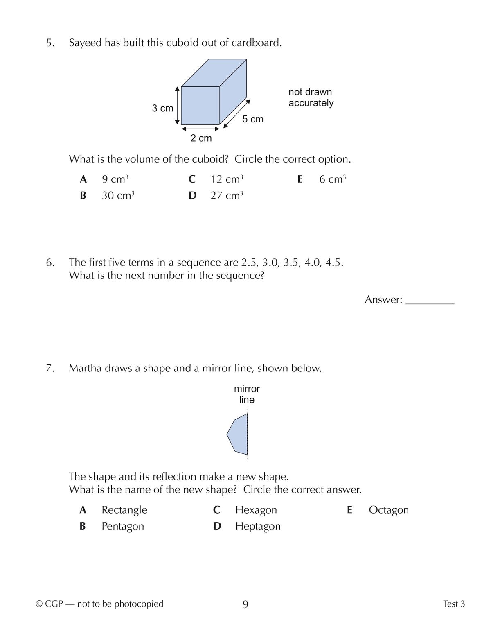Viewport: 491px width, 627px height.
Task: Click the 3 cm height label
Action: [162, 109]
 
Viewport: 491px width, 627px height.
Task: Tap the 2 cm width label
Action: [201, 138]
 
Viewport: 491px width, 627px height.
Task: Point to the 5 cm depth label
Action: [252, 119]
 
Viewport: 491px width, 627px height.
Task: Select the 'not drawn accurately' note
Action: [311, 97]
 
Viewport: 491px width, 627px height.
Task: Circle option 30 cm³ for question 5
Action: [118, 196]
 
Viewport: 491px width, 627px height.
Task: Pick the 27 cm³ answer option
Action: [227, 196]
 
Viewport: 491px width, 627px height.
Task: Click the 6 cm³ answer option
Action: [332, 179]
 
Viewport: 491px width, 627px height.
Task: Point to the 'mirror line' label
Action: [247, 394]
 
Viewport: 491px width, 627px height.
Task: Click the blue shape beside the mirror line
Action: [239, 434]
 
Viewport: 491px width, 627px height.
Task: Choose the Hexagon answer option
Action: [256, 510]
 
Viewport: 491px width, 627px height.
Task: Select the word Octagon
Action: [388, 510]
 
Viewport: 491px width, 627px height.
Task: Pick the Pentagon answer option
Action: [122, 526]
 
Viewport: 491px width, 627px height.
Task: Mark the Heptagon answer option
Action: [258, 526]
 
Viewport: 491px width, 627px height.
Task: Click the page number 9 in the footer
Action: [245, 604]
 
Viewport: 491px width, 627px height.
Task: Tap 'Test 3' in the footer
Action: [454, 604]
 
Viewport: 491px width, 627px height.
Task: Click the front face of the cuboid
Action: [200, 105]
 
